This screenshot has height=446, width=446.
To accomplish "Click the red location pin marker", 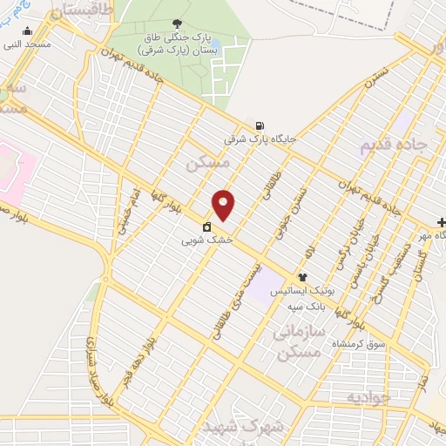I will coord(225,205).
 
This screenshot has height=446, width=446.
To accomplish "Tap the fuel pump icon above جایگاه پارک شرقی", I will coord(260,125).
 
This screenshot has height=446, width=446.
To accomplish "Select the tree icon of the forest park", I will coord(179,23).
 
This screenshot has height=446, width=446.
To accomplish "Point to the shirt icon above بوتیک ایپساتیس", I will coord(302,277).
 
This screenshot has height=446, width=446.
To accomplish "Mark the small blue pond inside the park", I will coord(214,43).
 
